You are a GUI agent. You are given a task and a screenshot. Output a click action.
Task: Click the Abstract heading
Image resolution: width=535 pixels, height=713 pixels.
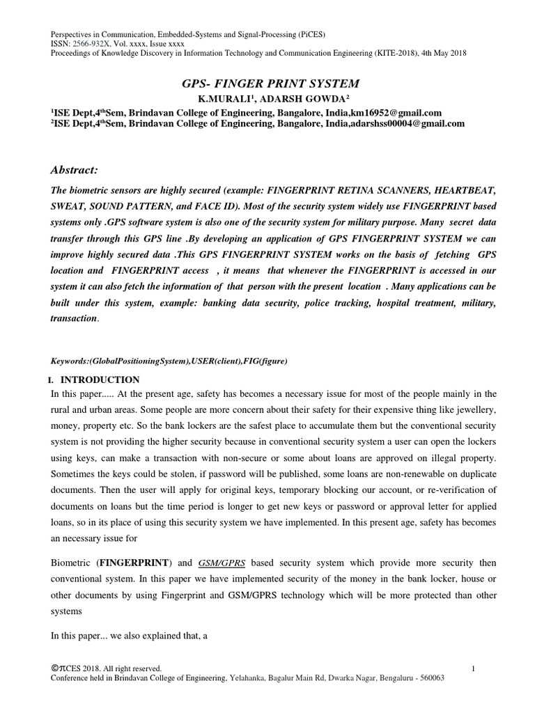(x=75, y=171)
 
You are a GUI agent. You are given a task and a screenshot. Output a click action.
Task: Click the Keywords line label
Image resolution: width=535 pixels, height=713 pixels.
(x=68, y=361)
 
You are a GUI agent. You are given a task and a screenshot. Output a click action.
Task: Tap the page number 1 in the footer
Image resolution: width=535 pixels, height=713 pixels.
(x=473, y=669)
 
